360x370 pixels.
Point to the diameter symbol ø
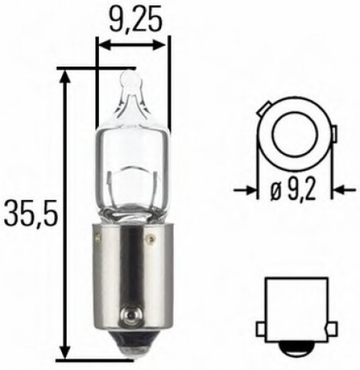pyautogui.click(x=274, y=192)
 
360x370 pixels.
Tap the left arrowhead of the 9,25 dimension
pyautogui.click(x=103, y=44)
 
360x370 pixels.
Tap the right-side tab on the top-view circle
pyautogui.click(x=333, y=134)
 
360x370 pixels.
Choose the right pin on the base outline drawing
pyautogui.click(x=324, y=326)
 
